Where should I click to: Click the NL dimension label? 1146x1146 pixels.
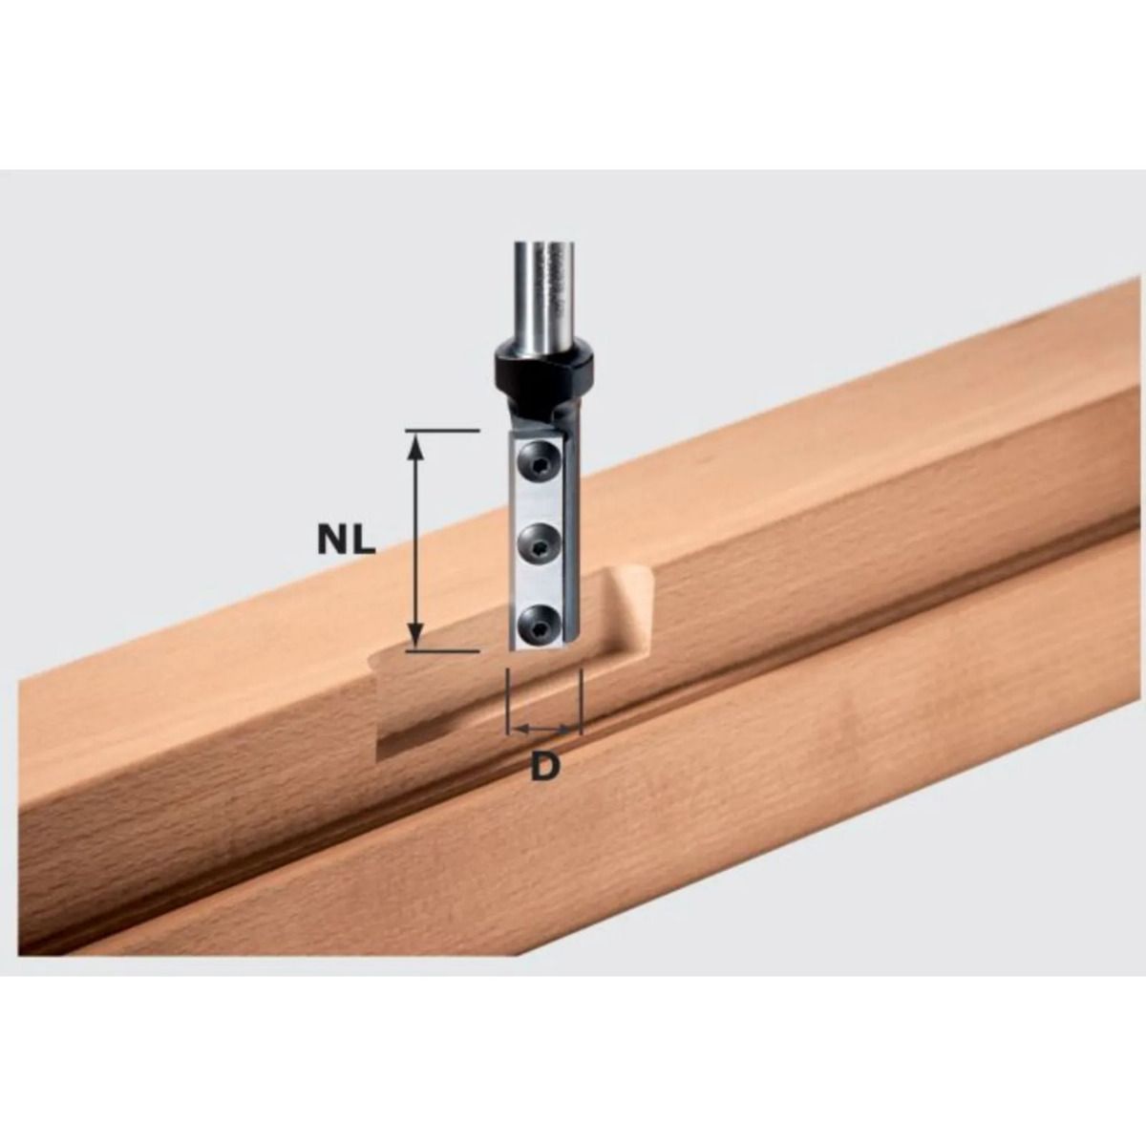coord(347,541)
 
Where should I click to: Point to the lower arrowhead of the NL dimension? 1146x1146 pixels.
coord(414,635)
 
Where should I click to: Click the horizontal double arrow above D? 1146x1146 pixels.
coord(544,731)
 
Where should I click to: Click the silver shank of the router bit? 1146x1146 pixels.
coord(541,286)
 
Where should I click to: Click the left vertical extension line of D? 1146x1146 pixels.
coord(509,702)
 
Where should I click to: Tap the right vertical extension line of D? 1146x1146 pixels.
coord(581,702)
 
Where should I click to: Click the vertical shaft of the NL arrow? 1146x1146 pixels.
coord(414,541)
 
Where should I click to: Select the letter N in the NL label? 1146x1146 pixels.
coord(332,541)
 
